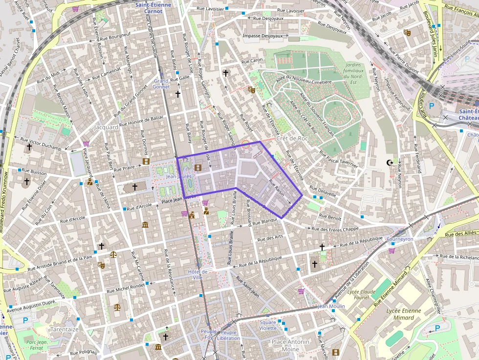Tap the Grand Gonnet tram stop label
[x=161, y=84]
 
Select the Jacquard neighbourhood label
[x=107, y=127]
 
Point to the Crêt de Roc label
[x=292, y=138]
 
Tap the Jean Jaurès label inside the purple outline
[x=178, y=176]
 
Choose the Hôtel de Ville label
[x=197, y=275]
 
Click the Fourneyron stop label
[x=400, y=239]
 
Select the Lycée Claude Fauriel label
[x=361, y=295]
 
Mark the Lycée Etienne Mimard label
[x=403, y=314]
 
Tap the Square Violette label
[x=268, y=325]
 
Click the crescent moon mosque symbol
[x=390, y=162]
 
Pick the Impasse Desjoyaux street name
[x=263, y=36]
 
